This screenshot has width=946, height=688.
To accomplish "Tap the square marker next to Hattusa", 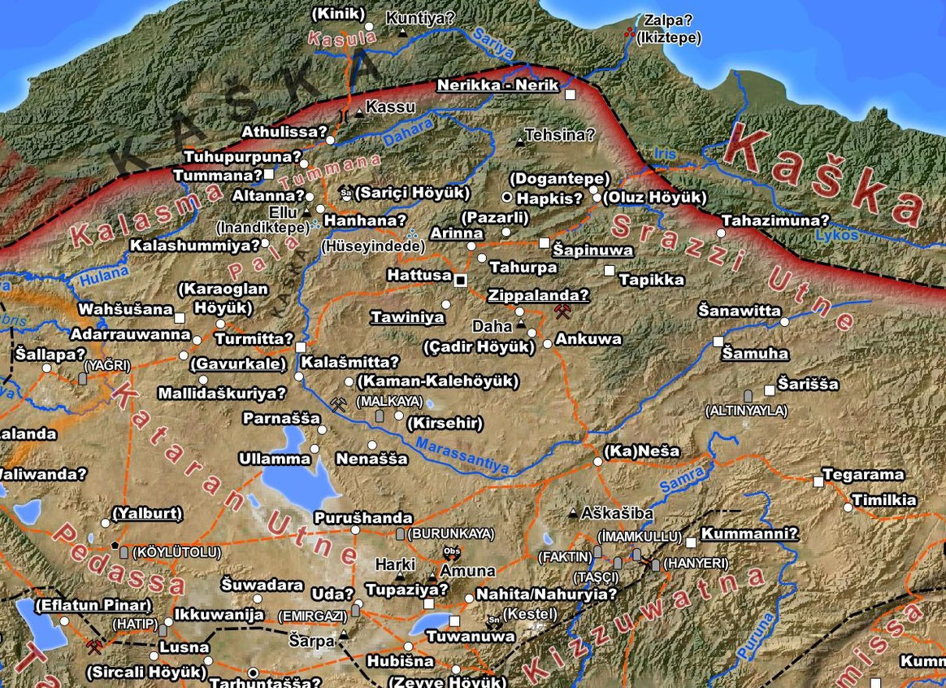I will [x=461, y=280].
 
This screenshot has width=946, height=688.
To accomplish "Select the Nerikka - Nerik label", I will [x=497, y=85].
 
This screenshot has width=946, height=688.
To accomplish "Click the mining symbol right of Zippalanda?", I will [x=561, y=311].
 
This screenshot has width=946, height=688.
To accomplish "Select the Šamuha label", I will [x=756, y=354].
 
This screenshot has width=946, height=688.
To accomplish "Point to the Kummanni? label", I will [x=749, y=534].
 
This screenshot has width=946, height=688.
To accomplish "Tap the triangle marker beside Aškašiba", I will [x=574, y=514].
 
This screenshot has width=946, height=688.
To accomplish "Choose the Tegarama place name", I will [x=863, y=474].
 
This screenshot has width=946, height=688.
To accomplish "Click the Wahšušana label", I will [x=125, y=309].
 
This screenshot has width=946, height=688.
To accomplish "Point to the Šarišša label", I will [x=808, y=384].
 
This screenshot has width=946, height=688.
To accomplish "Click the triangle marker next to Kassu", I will [x=358, y=112].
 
